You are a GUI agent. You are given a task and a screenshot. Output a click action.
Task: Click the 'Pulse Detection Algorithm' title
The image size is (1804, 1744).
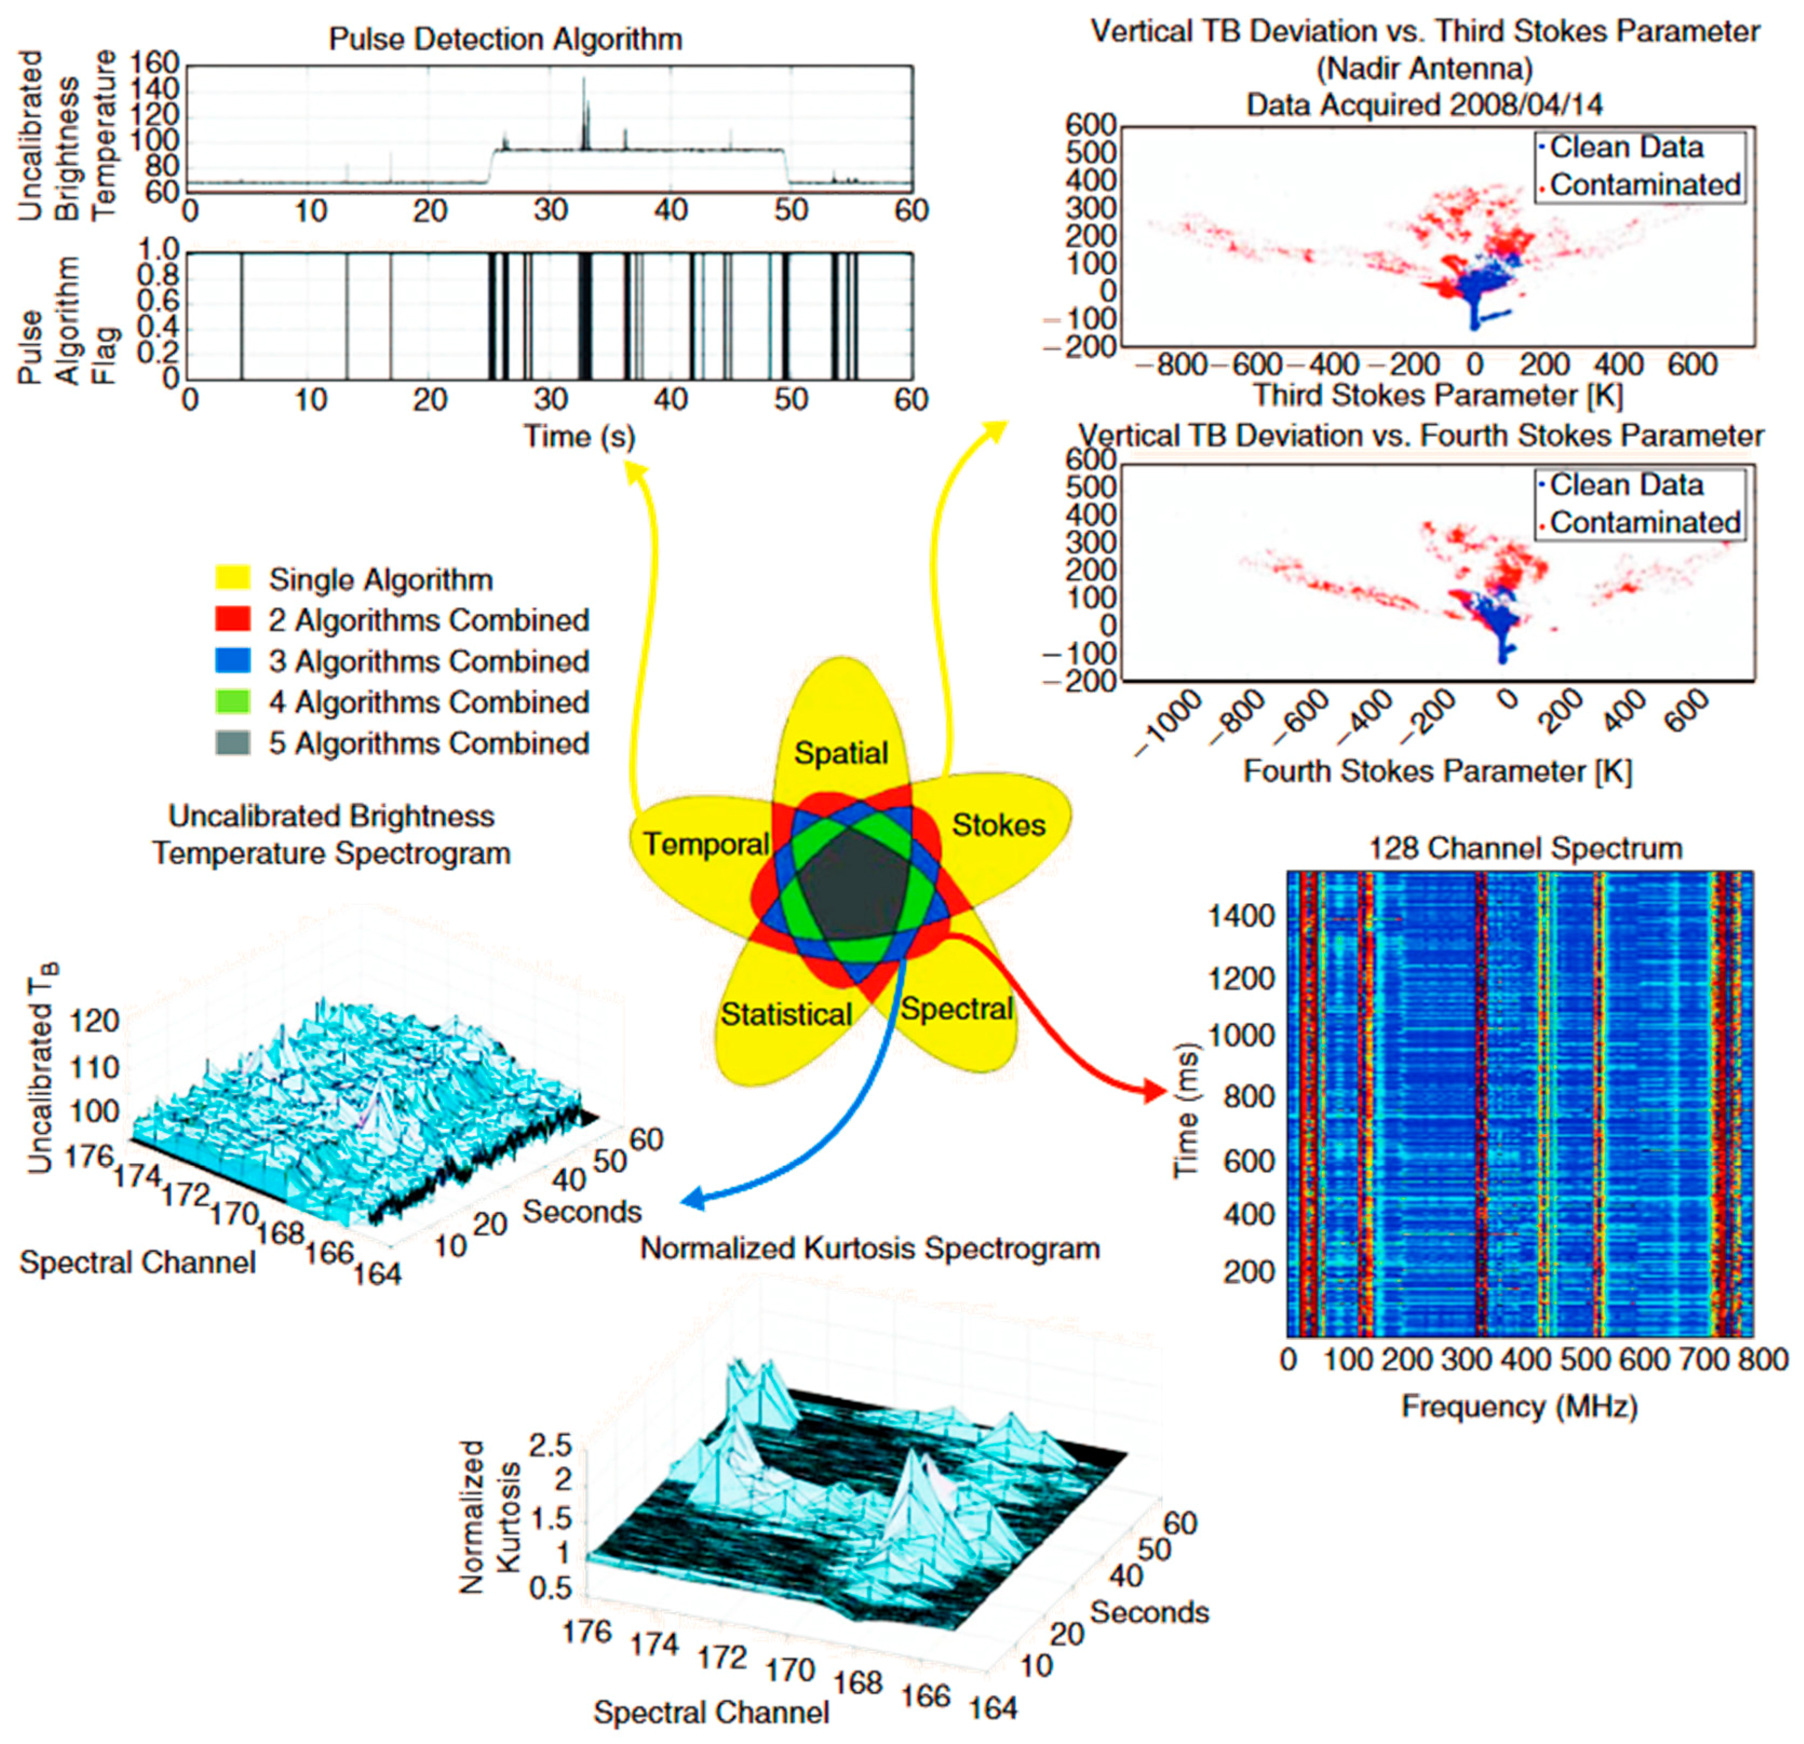(x=505, y=39)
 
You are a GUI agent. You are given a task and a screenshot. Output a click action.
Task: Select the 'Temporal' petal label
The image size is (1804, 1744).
(x=706, y=843)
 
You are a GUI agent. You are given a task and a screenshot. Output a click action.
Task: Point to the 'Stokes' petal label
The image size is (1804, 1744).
(x=998, y=825)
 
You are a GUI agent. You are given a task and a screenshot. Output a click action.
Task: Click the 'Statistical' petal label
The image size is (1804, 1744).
(x=786, y=1014)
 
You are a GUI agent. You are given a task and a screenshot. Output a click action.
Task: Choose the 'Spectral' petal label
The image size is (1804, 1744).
(x=956, y=1009)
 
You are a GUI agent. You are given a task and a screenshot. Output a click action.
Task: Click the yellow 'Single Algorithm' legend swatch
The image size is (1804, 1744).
(x=233, y=579)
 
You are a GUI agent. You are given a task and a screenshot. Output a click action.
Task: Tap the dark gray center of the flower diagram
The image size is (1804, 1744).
(x=852, y=888)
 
